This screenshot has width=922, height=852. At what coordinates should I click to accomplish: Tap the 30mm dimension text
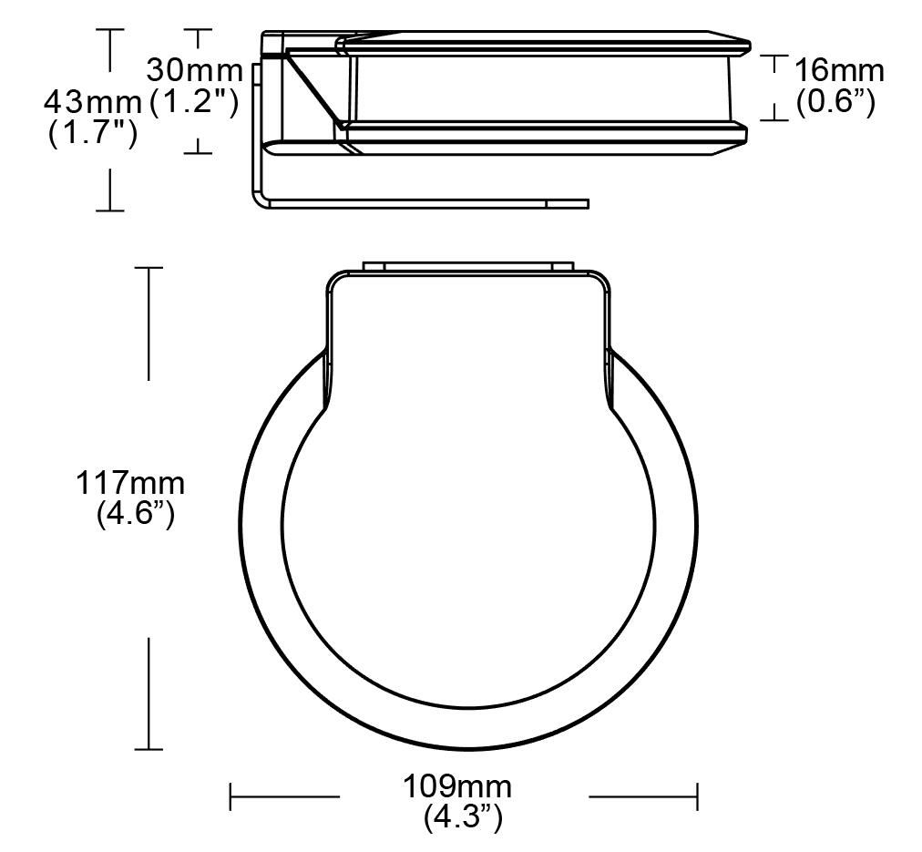[x=195, y=70]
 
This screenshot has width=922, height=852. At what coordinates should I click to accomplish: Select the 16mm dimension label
[x=838, y=70]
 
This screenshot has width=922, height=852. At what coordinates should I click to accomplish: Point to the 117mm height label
[x=129, y=483]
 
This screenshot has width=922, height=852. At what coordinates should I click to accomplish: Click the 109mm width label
[x=457, y=785]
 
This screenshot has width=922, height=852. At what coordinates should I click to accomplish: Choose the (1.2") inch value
[x=194, y=102]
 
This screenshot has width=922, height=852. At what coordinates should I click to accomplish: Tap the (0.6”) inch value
[x=835, y=102]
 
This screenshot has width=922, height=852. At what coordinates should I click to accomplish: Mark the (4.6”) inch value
[x=135, y=515]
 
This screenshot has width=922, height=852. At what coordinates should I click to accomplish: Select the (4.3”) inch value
[x=463, y=816]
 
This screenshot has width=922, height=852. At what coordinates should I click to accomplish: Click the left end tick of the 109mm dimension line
[x=230, y=796]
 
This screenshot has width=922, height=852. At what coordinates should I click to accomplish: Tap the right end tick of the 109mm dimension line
[x=697, y=796]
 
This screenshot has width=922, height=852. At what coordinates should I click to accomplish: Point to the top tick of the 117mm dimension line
[x=149, y=268]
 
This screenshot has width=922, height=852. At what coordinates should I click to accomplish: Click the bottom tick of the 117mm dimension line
[x=149, y=749]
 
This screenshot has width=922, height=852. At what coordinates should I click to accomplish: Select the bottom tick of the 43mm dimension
[x=110, y=210]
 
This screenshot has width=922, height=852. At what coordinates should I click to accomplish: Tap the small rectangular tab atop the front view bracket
[x=467, y=266]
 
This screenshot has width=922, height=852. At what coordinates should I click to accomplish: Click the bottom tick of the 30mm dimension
[x=198, y=152]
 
